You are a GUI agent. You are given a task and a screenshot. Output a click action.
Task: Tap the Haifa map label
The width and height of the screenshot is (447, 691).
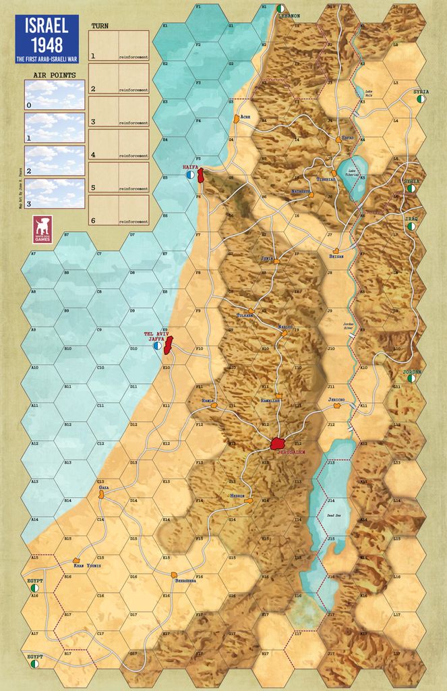pyautogui.click(x=189, y=165)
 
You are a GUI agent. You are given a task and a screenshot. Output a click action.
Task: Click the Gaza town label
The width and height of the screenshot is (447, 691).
pyautogui.click(x=103, y=487)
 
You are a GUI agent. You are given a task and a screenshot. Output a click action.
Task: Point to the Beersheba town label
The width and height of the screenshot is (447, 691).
pyautogui.click(x=185, y=580)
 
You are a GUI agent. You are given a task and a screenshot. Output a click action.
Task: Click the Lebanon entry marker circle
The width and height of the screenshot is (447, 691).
pyautogui.click(x=280, y=8)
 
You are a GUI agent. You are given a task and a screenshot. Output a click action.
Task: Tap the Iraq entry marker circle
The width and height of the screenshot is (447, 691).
pyautogui.click(x=411, y=227)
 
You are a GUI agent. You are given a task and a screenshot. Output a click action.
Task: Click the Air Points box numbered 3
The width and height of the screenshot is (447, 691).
pyautogui.click(x=55, y=193)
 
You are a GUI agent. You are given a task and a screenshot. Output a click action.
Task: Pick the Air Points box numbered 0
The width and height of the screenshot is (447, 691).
pyautogui.click(x=55, y=94)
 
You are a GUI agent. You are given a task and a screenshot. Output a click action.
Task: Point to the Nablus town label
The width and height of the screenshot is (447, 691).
pyautogui.click(x=285, y=326)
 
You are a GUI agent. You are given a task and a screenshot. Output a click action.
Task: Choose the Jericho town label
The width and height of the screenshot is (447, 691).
pyautogui.click(x=336, y=400)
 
